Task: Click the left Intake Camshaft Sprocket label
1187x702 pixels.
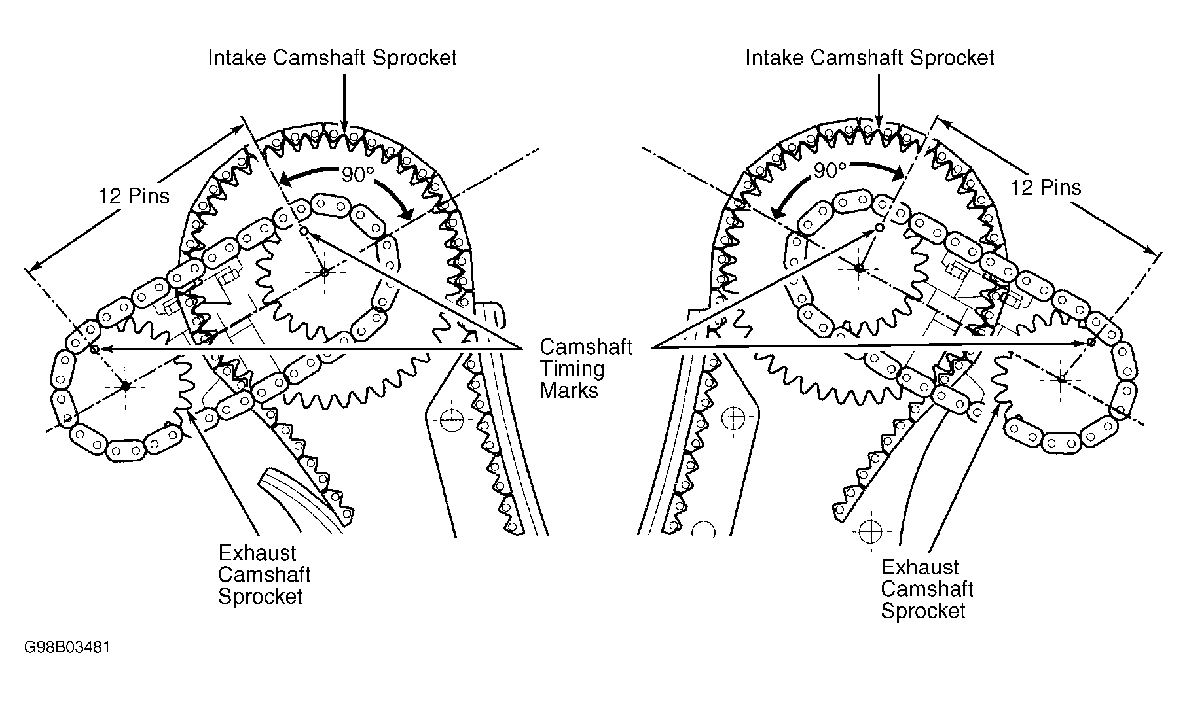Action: tap(332, 58)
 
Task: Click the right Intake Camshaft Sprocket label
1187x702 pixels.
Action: tap(869, 58)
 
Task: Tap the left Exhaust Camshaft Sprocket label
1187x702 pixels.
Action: tap(264, 574)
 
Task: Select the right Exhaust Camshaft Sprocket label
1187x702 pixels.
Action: tap(926, 589)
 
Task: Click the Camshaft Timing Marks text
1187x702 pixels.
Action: tap(586, 368)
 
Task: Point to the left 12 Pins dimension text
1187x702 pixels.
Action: tap(134, 196)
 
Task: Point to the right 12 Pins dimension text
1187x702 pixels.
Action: tap(1046, 188)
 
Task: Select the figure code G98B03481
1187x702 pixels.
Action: tap(67, 648)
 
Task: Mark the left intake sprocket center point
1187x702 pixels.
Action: tap(324, 272)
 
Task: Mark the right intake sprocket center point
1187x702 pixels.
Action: tap(860, 268)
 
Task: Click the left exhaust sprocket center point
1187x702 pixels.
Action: tap(126, 386)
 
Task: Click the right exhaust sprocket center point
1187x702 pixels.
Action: tap(1061, 378)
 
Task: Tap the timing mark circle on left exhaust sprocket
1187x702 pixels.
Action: tap(94, 349)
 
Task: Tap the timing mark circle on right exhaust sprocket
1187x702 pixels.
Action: tap(1091, 342)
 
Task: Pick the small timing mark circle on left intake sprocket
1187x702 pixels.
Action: tap(303, 230)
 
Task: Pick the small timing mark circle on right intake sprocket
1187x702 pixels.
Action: tap(880, 228)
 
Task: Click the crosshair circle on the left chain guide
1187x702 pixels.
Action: tap(452, 419)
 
